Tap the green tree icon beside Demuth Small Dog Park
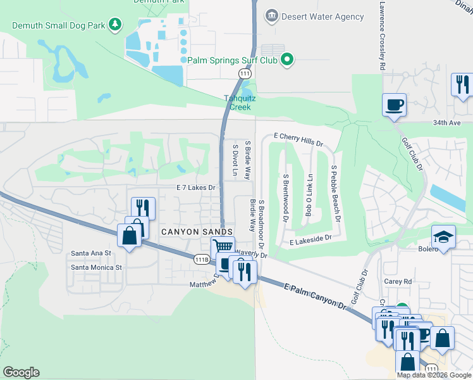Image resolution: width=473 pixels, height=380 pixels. click(x=115, y=25)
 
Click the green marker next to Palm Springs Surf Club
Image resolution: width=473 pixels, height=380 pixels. click(x=288, y=60)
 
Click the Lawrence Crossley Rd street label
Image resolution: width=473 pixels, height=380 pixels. click(x=383, y=35)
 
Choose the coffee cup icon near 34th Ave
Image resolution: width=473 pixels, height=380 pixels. click(x=395, y=104)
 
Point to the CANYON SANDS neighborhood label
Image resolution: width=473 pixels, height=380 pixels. click(x=197, y=232)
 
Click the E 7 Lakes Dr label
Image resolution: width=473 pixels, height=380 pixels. click(x=196, y=188)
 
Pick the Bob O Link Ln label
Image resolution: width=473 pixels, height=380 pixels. click(x=309, y=195)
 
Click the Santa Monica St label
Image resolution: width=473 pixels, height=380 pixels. click(x=96, y=267)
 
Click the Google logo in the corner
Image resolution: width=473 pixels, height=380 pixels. click(x=21, y=372)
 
